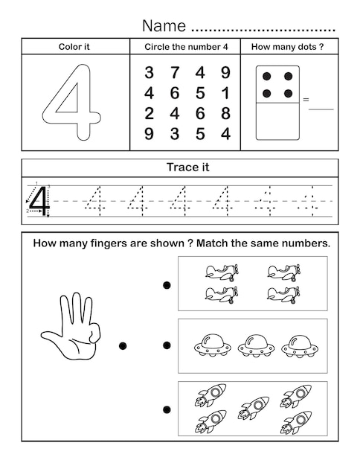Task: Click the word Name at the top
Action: click(x=164, y=26)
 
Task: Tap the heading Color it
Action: click(x=74, y=46)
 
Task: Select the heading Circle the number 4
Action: click(x=185, y=46)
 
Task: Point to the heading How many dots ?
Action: click(x=287, y=46)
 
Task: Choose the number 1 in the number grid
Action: click(x=225, y=93)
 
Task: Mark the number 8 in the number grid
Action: click(x=225, y=114)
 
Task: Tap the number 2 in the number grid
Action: click(x=149, y=114)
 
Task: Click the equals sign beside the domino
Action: click(x=305, y=99)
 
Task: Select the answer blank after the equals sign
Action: click(x=321, y=108)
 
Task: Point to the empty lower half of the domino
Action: click(x=277, y=121)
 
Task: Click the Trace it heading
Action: click(x=187, y=167)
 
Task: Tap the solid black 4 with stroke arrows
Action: click(x=39, y=200)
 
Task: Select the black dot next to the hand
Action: click(x=123, y=345)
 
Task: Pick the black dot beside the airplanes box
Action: click(x=167, y=284)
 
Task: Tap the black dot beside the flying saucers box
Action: click(x=167, y=345)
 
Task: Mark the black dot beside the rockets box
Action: click(x=167, y=409)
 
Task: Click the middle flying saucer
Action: click(x=254, y=344)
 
